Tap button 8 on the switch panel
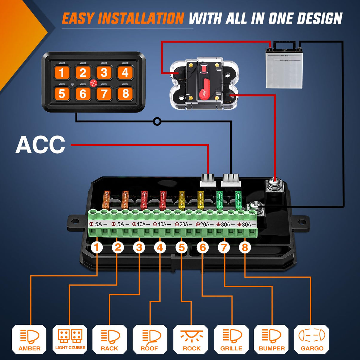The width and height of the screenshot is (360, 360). (125, 93)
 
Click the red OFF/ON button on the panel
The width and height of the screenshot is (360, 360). (93, 83)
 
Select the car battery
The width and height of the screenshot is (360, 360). (284, 68)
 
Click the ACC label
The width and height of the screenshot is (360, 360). (40, 145)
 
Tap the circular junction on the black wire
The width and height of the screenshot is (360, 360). (157, 121)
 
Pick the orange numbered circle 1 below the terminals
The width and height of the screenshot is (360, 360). (97, 247)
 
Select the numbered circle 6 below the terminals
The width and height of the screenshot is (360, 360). (203, 247)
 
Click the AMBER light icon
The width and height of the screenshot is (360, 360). (29, 339)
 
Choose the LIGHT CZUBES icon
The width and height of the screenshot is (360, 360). (70, 339)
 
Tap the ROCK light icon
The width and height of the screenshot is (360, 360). (191, 339)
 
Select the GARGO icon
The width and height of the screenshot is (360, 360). (312, 339)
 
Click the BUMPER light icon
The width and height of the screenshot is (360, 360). (271, 339)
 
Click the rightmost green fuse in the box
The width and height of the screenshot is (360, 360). (238, 200)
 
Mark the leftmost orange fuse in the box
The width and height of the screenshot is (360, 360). (106, 200)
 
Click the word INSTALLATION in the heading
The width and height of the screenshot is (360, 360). (141, 19)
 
